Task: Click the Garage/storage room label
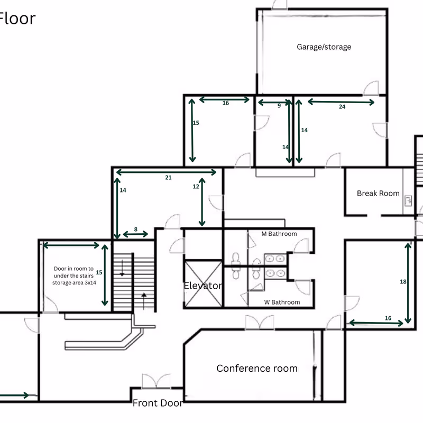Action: pos(324,47)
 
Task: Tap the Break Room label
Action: pos(378,193)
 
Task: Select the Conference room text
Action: pos(257,368)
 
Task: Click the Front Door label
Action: pos(158,403)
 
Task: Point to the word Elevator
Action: pos(203,286)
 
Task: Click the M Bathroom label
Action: pos(279,234)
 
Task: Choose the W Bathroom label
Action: pos(282,302)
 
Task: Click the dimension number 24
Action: pos(342,107)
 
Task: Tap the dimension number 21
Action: pos(168,178)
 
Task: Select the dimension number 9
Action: pos(279,106)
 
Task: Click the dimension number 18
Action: pos(403,282)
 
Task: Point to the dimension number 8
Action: pos(136,229)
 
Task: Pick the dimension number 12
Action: pos(196,187)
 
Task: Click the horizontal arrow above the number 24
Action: pos(341,102)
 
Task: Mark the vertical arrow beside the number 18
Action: pos(408,283)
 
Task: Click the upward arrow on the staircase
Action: pos(144,301)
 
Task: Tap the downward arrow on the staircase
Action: pos(122,268)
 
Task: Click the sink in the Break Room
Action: pos(408,201)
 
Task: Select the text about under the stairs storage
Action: pos(74,275)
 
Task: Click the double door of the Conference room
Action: pos(260,323)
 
